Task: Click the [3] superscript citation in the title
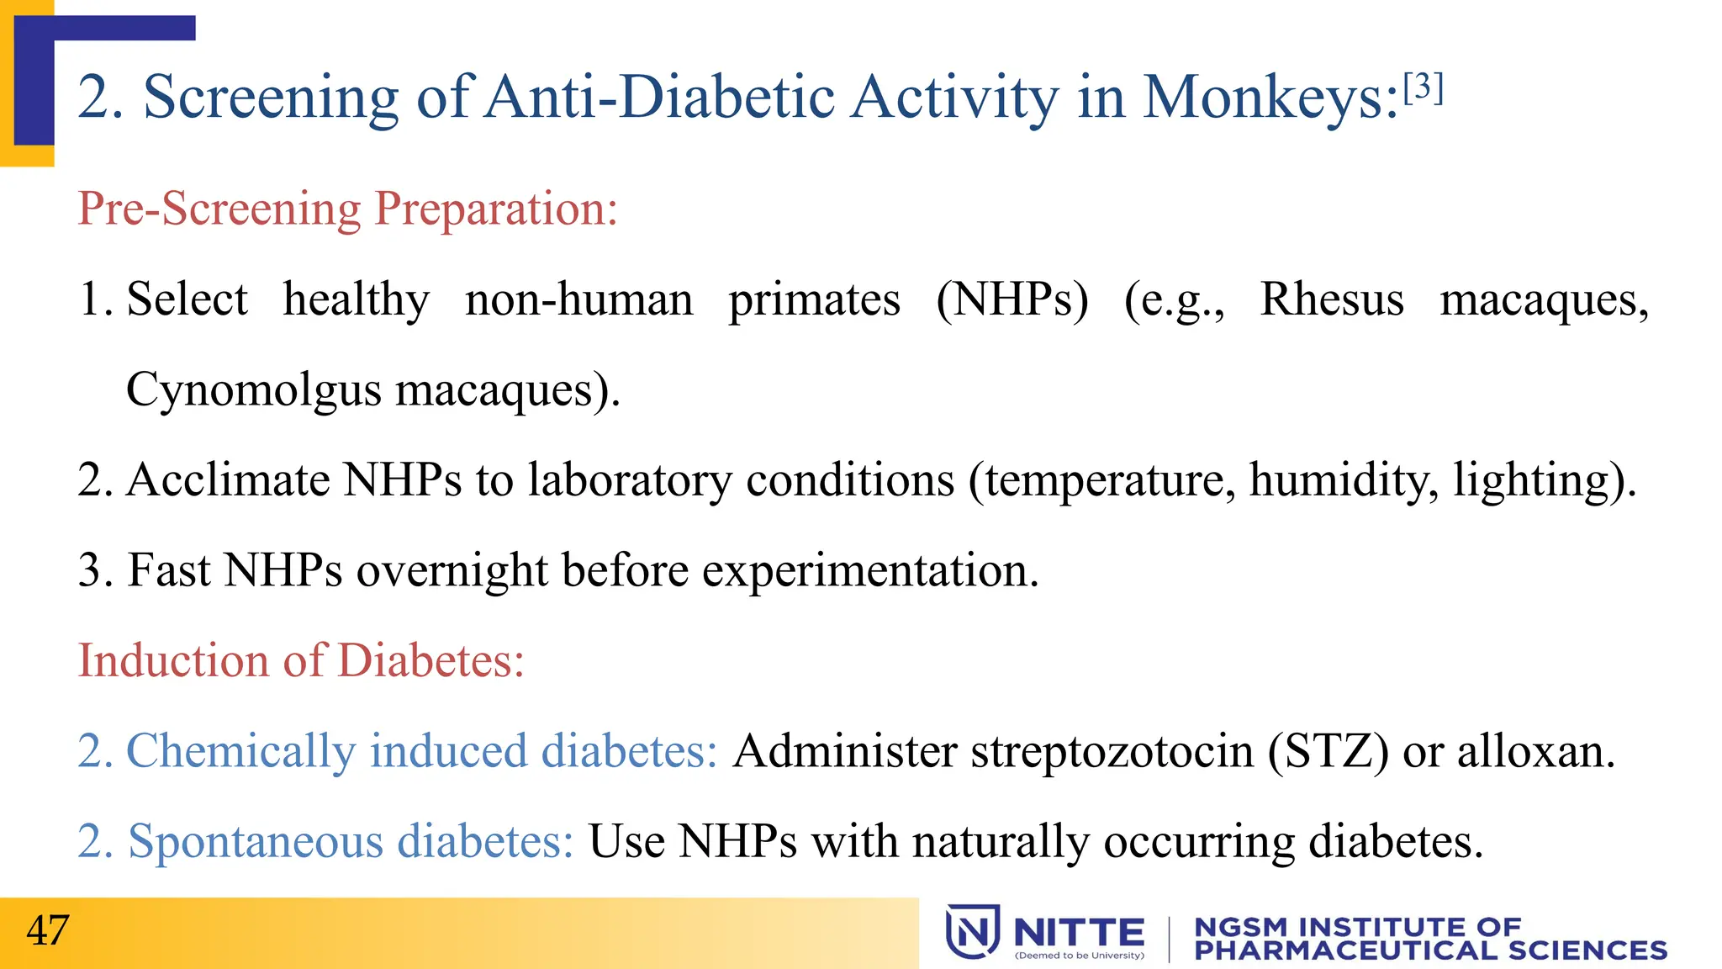1423,87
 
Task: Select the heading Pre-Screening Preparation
347,209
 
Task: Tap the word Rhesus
1331,299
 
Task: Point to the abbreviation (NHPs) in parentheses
1012,300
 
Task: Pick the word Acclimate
228,480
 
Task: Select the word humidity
1343,480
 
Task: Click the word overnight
452,571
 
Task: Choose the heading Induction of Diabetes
301,660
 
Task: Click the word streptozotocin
1112,751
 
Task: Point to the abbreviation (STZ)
1328,751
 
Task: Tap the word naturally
1001,841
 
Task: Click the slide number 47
47,930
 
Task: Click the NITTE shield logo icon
972,931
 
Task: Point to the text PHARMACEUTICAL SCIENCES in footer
1429,950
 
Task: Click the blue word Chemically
240,751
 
